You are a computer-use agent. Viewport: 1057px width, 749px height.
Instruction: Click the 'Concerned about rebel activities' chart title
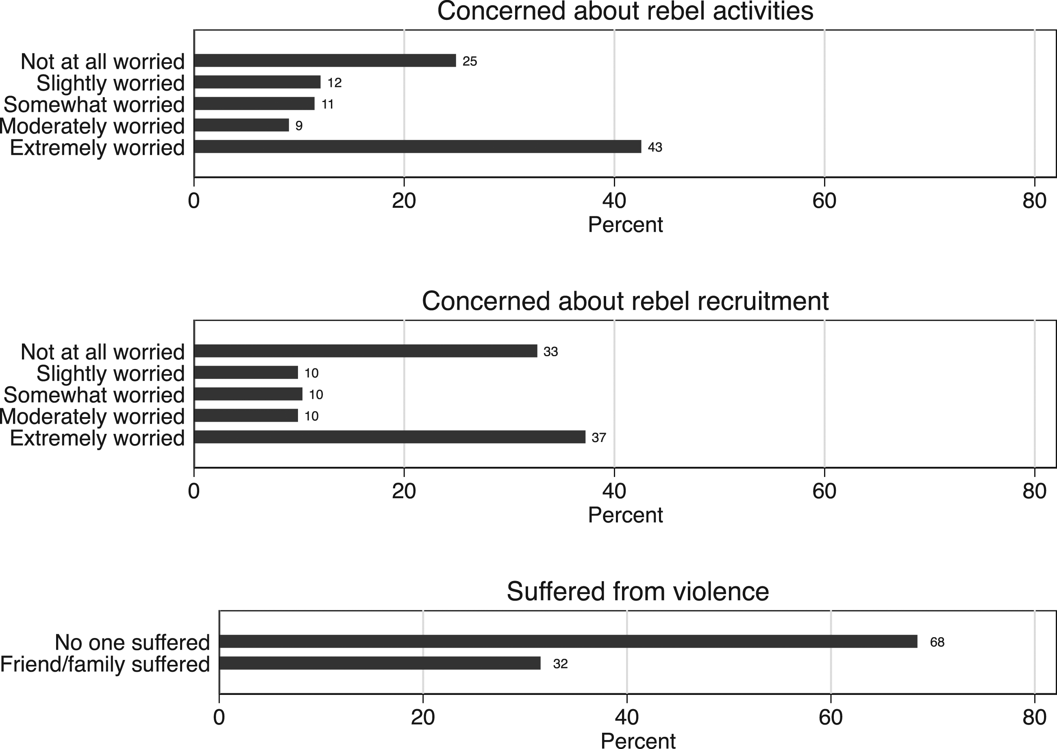tap(625, 11)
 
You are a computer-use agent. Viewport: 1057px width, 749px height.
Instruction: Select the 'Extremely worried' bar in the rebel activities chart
tap(418, 147)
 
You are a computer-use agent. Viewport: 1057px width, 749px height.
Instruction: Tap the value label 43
tap(655, 147)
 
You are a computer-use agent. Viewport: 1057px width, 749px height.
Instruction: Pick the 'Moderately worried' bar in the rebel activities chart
tap(241, 125)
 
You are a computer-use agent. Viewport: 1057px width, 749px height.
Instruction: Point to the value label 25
tap(470, 61)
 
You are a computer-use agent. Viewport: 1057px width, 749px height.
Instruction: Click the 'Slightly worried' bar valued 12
tap(257, 82)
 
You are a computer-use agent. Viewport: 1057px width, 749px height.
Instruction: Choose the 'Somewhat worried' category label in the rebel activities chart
tap(94, 105)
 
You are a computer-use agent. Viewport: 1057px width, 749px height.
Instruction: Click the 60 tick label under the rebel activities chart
tap(824, 201)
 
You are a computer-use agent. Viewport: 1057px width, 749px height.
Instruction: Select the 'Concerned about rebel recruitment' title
tap(625, 301)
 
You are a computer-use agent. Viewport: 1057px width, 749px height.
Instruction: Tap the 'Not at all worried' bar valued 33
tap(366, 351)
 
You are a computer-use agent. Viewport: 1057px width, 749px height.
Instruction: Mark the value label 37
tap(598, 438)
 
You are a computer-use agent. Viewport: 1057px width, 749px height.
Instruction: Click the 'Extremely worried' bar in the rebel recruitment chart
tap(390, 437)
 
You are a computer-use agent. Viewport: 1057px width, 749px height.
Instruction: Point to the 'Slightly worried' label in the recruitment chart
tap(111, 374)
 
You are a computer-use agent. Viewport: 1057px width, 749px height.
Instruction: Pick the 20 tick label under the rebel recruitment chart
tap(404, 491)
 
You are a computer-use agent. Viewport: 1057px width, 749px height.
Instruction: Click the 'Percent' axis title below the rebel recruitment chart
tap(625, 515)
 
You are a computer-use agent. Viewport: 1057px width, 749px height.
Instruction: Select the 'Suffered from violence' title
tap(638, 591)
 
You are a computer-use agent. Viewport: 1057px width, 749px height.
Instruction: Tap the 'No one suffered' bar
tap(568, 642)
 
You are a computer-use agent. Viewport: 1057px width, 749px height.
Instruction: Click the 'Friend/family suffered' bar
tap(380, 663)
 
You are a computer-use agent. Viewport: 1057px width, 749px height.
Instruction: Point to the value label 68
tap(937, 642)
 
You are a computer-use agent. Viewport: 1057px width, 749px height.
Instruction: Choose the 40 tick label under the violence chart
tap(627, 718)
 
